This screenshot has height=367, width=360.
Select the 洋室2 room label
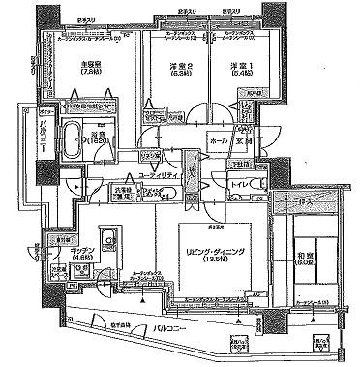pyautogui.click(x=170, y=68)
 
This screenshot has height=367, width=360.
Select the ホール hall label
pyautogui.click(x=218, y=141)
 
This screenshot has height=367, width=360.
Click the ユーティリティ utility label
pyautogui.click(x=161, y=175)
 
